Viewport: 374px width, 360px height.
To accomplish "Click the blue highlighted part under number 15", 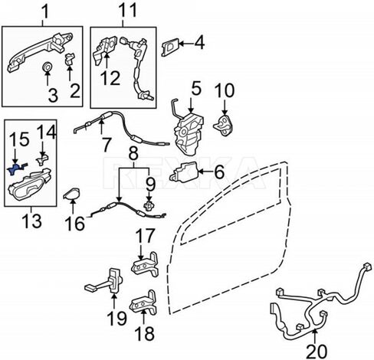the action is [x=15, y=169].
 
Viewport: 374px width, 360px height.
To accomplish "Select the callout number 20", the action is [x=317, y=352].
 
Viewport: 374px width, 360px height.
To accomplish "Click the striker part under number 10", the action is [x=223, y=126].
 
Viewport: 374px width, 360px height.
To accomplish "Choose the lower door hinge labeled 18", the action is [x=143, y=303].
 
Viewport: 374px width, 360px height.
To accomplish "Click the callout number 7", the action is [x=106, y=145].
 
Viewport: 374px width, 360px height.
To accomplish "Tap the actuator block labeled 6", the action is [x=183, y=173].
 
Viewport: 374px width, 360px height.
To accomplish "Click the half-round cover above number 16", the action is [x=71, y=194].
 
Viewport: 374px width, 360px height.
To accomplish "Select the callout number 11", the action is [x=128, y=11].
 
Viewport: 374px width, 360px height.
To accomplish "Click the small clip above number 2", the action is [x=69, y=59].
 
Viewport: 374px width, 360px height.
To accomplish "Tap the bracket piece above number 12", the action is [x=104, y=50].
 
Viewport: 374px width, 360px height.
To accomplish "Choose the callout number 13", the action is [x=32, y=221].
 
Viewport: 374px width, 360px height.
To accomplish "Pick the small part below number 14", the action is [x=42, y=159].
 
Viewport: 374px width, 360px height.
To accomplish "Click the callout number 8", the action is [x=133, y=154].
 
